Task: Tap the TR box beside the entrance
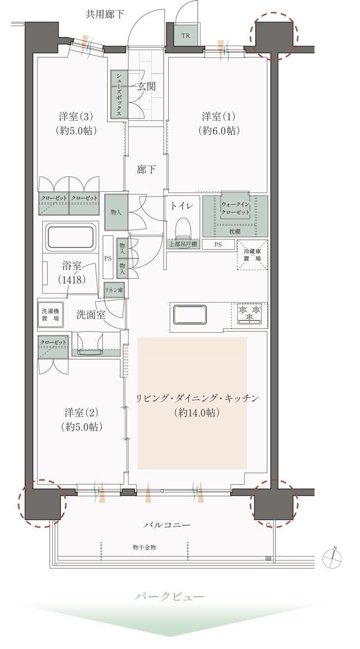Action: [x=185, y=36]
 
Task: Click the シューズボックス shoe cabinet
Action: [x=119, y=95]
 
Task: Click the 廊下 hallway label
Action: [x=146, y=169]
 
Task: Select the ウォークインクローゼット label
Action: [x=236, y=209]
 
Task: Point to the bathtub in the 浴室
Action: [x=70, y=237]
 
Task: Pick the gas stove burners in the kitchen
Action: [x=249, y=314]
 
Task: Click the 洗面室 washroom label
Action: [x=91, y=315]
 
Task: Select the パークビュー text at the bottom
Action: [x=169, y=596]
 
